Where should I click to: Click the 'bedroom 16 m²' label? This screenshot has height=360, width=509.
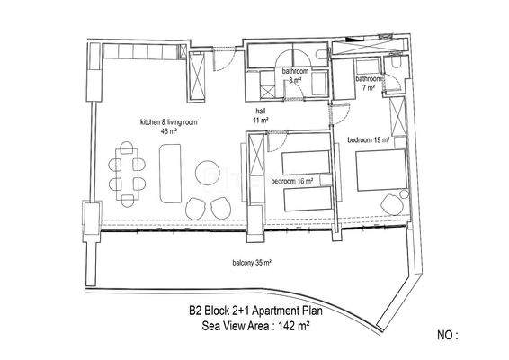pos(293,181)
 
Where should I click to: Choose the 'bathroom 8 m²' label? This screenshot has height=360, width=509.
pos(297,75)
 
